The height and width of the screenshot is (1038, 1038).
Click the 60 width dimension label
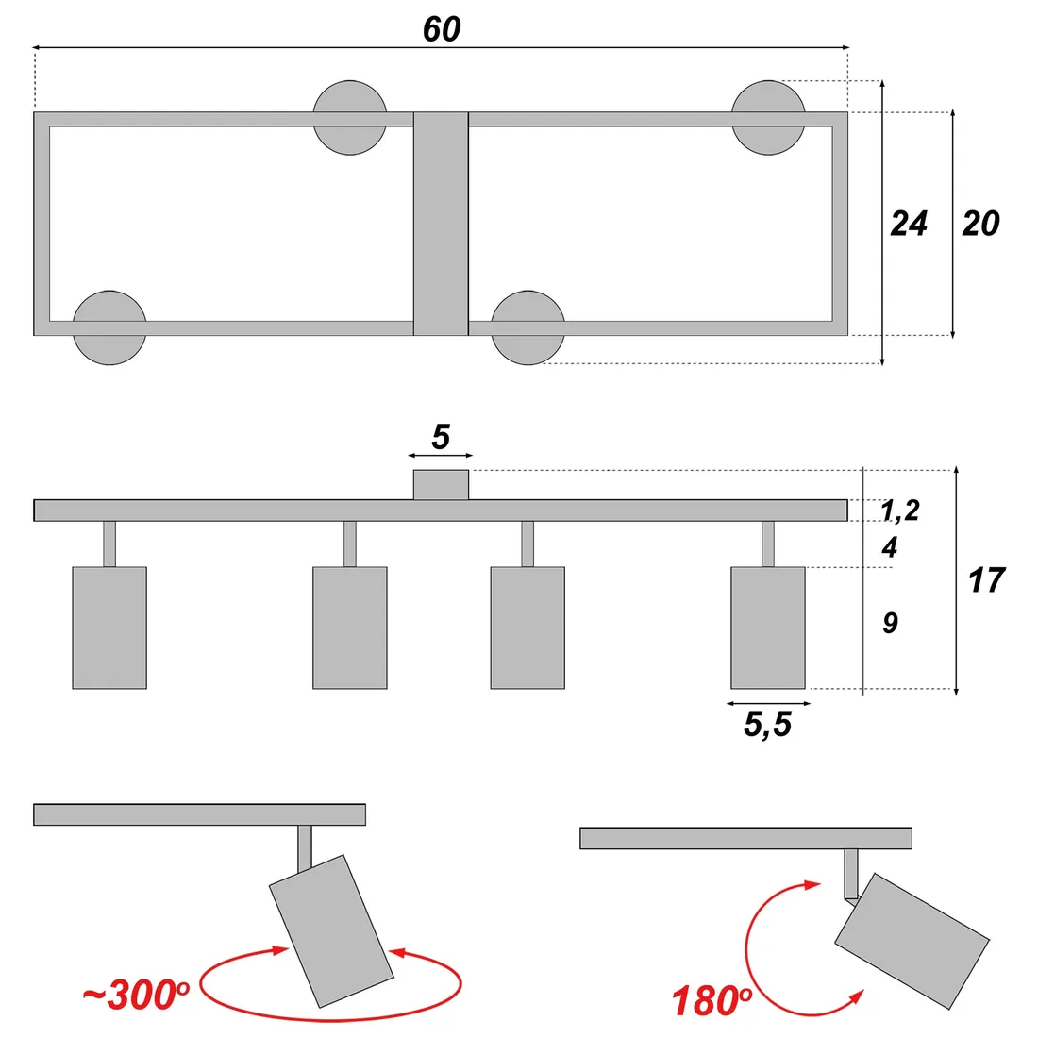[441, 29]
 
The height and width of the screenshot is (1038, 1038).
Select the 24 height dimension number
[909, 224]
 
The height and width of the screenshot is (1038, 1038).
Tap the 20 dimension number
[980, 224]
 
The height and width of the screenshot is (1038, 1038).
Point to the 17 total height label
[986, 580]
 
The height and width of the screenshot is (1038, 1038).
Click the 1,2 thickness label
[899, 511]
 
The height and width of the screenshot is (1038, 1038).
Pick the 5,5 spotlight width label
[767, 725]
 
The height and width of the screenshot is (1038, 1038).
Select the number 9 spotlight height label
[890, 623]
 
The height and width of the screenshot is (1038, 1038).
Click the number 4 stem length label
[889, 547]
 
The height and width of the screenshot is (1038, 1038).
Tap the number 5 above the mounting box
[441, 438]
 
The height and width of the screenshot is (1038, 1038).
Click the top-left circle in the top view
[350, 117]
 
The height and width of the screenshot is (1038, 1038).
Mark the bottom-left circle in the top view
[109, 327]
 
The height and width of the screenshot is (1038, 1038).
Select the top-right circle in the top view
[768, 117]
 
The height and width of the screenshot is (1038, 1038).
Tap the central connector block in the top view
[442, 224]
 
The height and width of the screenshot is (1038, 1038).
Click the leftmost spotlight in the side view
[109, 628]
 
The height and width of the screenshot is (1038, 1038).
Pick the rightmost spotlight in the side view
[768, 628]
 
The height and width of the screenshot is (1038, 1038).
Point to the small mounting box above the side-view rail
[442, 484]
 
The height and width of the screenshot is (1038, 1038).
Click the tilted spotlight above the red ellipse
[330, 929]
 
